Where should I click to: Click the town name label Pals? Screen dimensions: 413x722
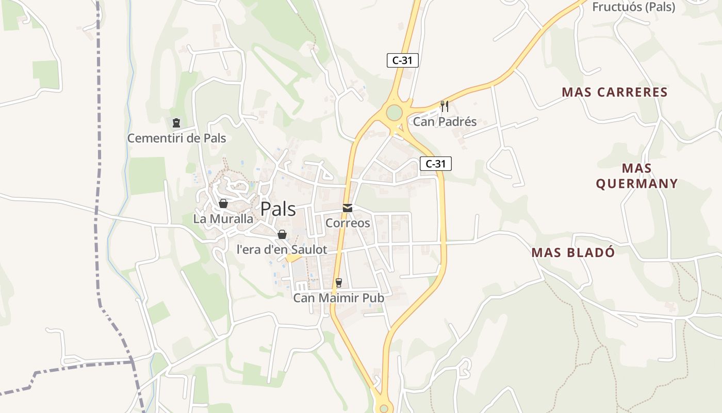coord(278,209)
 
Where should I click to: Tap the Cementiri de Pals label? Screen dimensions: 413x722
coord(176,138)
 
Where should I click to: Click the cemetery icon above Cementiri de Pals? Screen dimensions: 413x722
coord(176,123)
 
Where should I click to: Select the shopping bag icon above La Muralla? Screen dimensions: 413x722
coord(223,203)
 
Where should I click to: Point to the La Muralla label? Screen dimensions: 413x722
coord(223,219)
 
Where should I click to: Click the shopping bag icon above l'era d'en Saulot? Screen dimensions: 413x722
coord(282,234)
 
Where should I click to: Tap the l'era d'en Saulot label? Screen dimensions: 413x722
coord(282,249)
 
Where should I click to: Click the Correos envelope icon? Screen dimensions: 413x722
coord(348,208)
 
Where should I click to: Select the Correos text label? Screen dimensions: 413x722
coord(348,223)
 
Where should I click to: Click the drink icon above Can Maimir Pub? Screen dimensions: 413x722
coord(338,282)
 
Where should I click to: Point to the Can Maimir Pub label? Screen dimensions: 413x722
coord(338,298)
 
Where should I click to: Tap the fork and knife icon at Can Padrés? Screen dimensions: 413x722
coord(445,106)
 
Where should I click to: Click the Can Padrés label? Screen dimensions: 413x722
coord(445,122)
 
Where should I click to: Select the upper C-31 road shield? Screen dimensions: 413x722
coord(402,60)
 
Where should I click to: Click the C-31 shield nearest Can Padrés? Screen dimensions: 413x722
coord(435,164)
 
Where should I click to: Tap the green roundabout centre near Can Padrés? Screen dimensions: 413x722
coord(394,112)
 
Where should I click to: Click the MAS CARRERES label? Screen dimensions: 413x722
coord(615,92)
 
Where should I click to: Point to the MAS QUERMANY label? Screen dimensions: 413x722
coord(637,176)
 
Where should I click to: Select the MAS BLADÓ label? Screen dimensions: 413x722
coord(573,252)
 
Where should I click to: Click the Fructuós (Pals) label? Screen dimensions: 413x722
coord(634,7)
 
